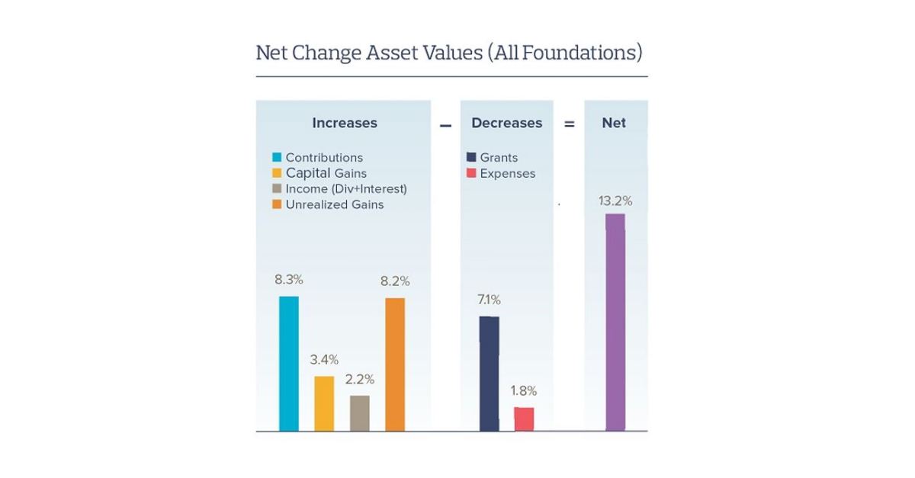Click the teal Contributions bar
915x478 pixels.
tap(288, 364)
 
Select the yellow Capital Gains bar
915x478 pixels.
tap(324, 404)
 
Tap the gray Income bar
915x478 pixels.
tap(359, 413)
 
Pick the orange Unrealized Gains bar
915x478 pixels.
tap(395, 364)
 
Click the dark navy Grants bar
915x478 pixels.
tap(489, 374)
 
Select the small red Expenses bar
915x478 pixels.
tap(524, 419)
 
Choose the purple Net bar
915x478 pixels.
tap(615, 322)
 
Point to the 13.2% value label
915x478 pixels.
tap(615, 201)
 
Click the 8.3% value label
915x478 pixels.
tap(289, 280)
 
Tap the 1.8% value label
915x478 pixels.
tap(523, 391)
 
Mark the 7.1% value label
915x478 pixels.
tap(488, 300)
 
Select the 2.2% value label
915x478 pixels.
tap(360, 379)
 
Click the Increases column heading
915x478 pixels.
tap(344, 123)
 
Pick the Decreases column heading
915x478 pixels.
tap(506, 123)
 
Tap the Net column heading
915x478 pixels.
tap(614, 123)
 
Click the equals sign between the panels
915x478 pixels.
tap(569, 124)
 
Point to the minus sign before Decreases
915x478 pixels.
tap(445, 124)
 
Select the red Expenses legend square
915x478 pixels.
tap(471, 173)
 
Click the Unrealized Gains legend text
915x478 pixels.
tap(335, 204)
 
